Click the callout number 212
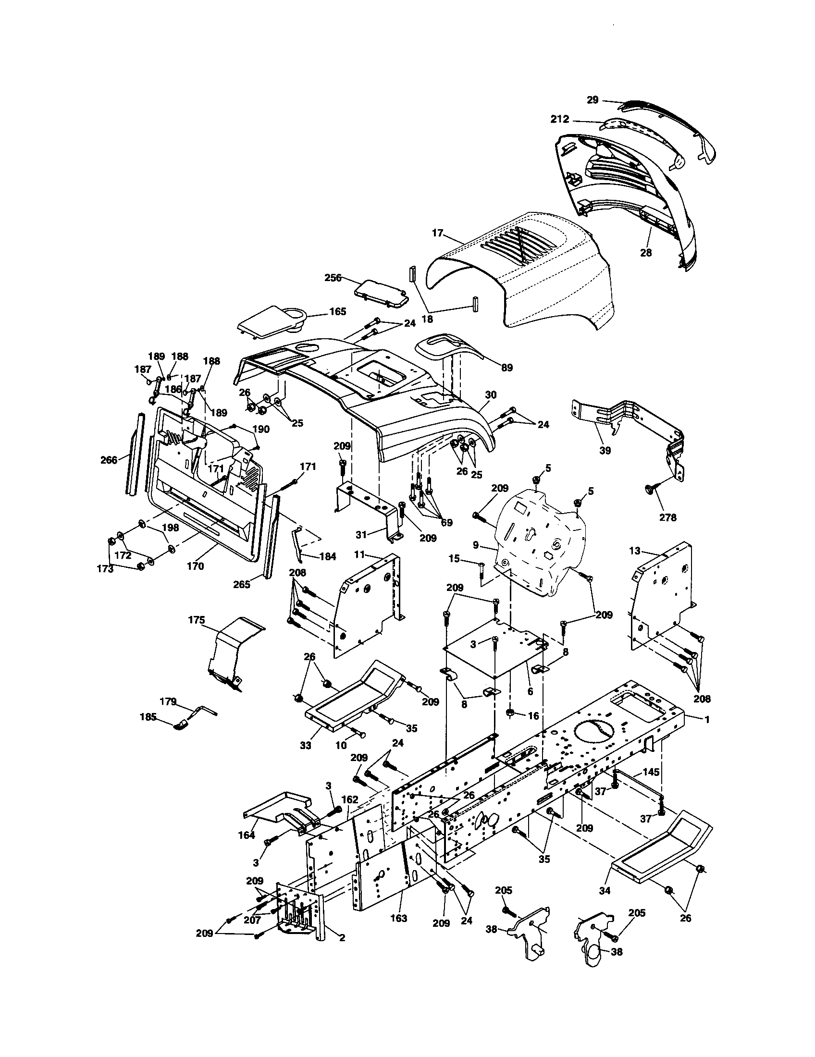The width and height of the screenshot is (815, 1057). pyautogui.click(x=559, y=119)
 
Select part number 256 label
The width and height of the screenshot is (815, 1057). pyautogui.click(x=333, y=278)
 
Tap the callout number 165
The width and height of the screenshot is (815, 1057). pyautogui.click(x=337, y=311)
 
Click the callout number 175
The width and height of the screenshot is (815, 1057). pyautogui.click(x=196, y=620)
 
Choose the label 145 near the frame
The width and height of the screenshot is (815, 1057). pyautogui.click(x=651, y=772)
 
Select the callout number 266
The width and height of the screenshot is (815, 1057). pyautogui.click(x=109, y=460)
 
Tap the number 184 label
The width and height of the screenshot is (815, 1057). pyautogui.click(x=327, y=556)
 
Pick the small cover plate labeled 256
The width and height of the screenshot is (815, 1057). pyautogui.click(x=381, y=293)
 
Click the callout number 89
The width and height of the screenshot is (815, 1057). pyautogui.click(x=506, y=368)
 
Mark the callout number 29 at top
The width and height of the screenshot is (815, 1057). pyautogui.click(x=593, y=100)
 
